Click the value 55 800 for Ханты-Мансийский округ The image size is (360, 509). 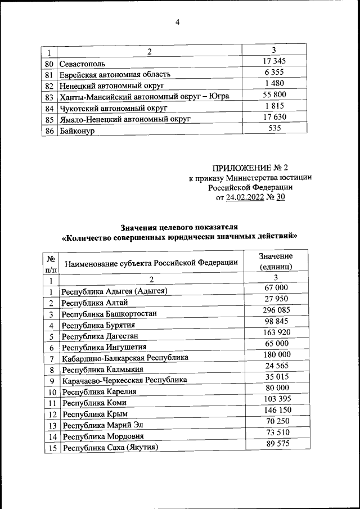(274, 94)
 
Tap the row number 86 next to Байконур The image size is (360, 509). (49, 130)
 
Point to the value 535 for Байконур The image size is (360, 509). (274, 128)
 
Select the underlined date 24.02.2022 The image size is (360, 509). (248, 197)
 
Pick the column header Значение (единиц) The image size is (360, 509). (275, 262)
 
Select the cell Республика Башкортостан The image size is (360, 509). (109, 313)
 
